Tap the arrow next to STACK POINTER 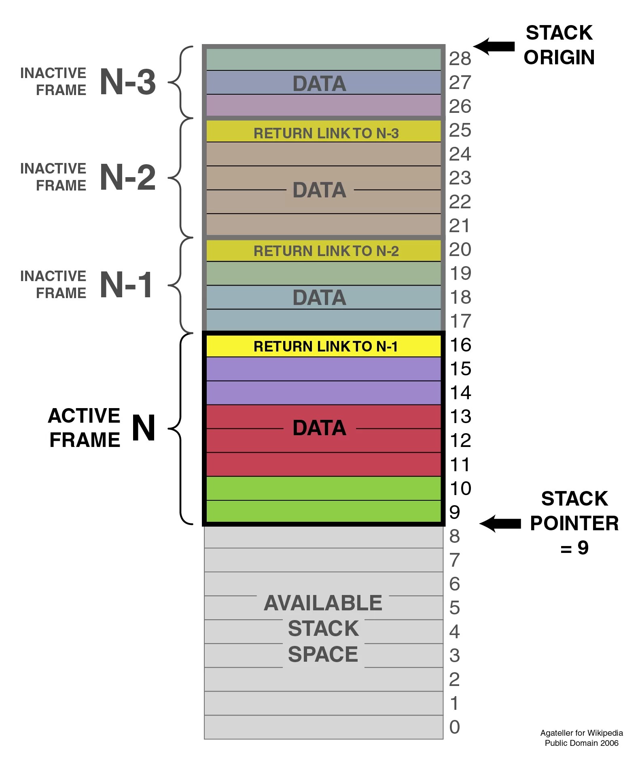500,524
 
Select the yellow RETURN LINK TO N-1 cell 323,346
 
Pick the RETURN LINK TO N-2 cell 323,251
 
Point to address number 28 460,59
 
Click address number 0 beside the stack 455,727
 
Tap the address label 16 460,345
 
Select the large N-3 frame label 127,82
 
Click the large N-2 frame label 127,178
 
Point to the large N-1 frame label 126,285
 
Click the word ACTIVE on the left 84,415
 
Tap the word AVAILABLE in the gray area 323,603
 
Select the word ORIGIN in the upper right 559,57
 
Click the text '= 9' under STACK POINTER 574,548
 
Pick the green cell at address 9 323,511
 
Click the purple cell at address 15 323,369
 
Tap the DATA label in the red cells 319,428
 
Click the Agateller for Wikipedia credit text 581,732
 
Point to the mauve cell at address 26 323,106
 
